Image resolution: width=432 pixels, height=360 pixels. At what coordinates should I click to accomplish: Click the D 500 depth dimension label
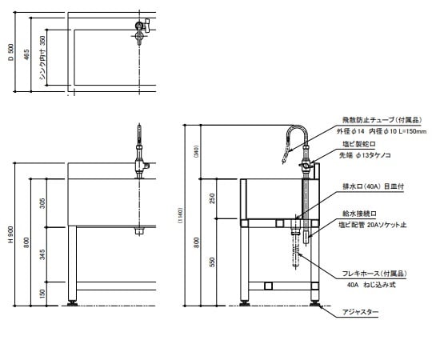(x=10, y=58)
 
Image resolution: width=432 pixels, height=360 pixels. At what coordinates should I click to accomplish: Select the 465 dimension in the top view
(x=26, y=55)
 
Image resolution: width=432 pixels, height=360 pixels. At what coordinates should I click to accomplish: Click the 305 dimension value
(x=42, y=206)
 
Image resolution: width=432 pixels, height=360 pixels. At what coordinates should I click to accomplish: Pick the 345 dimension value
(x=42, y=257)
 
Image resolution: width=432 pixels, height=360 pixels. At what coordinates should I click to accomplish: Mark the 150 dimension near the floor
(x=42, y=294)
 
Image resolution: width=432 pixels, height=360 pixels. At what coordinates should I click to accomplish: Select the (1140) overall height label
(x=179, y=216)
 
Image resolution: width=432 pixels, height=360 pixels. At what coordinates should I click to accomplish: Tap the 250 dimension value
(x=212, y=198)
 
